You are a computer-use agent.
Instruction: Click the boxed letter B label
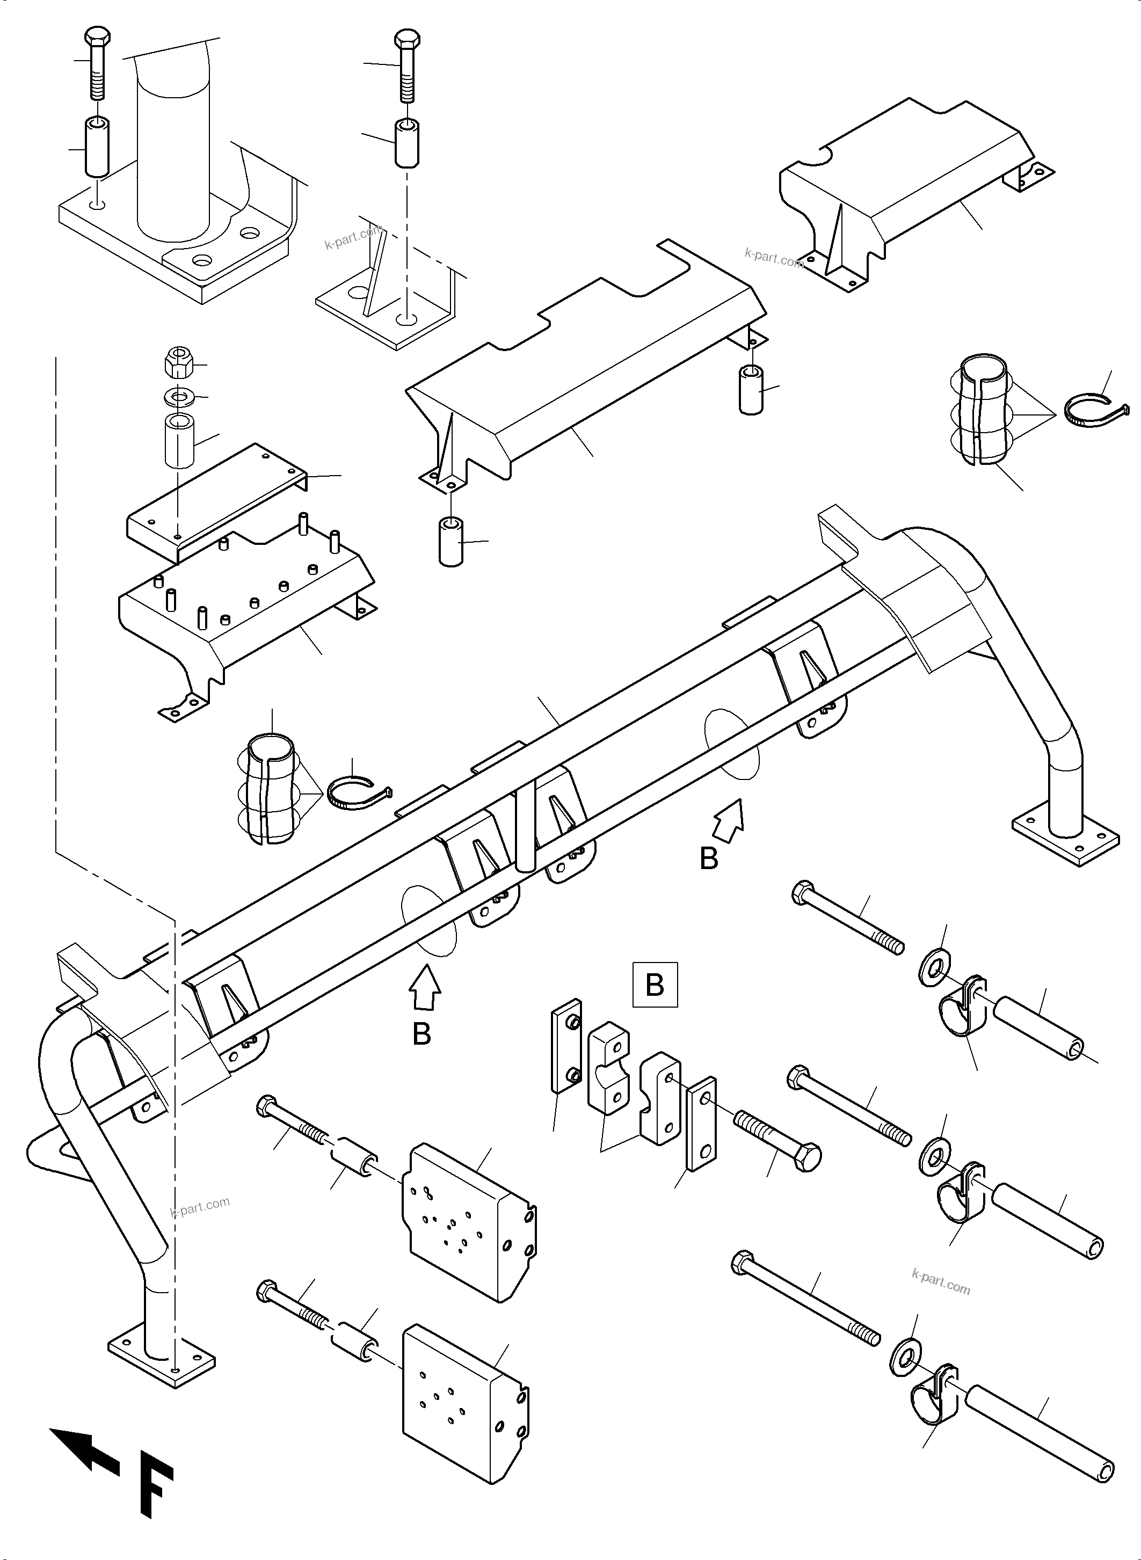pos(654,984)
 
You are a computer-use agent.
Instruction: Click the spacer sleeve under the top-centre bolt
pos(408,142)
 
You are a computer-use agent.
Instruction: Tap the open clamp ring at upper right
pos(1095,413)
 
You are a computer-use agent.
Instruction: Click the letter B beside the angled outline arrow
pos(709,858)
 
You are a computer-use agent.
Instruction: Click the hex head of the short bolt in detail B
pos(806,1157)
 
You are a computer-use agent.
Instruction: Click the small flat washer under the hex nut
pos(179,397)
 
